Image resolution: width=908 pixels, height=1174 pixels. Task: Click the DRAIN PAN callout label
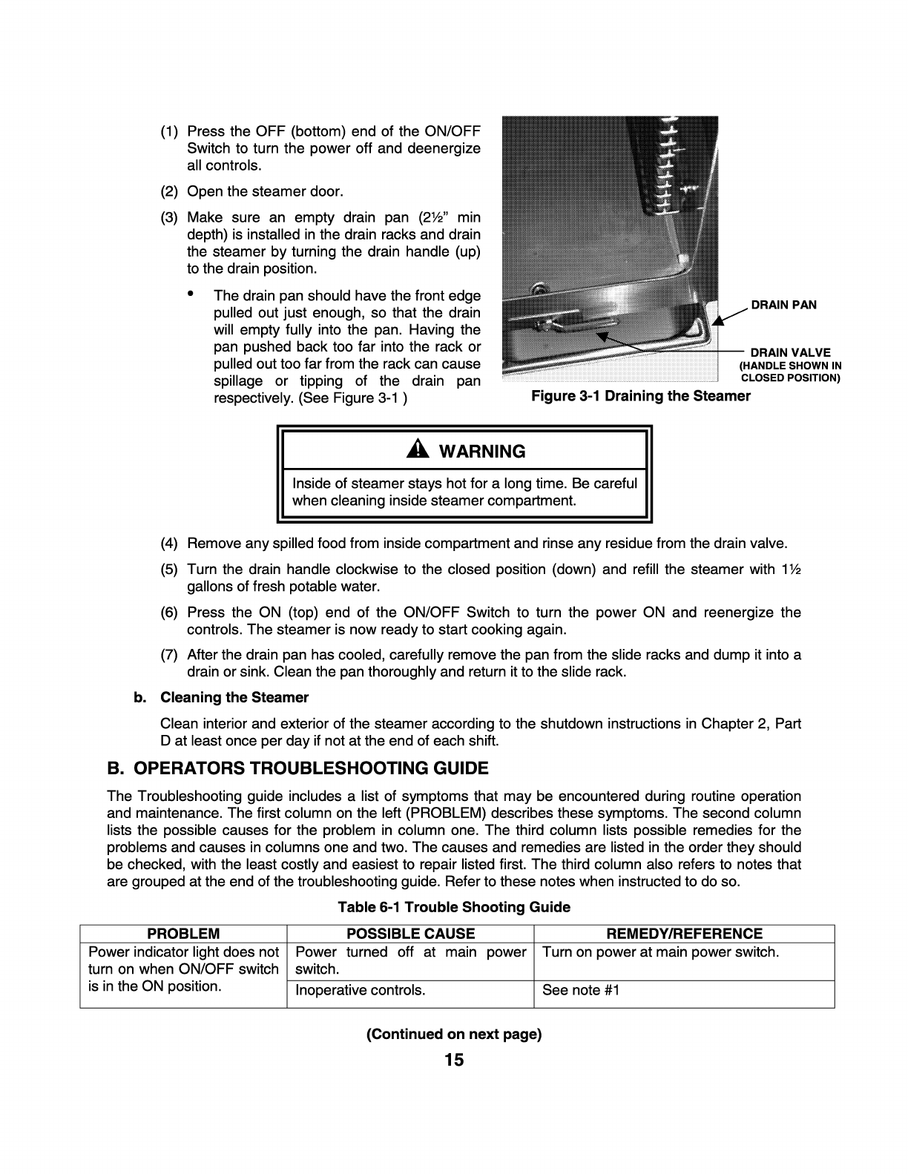(783, 305)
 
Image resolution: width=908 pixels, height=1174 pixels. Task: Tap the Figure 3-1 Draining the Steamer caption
(640, 396)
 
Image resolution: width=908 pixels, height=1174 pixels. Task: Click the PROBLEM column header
(183, 934)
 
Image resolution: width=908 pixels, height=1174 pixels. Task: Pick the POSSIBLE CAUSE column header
(410, 934)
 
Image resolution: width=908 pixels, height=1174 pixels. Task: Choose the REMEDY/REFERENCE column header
(683, 934)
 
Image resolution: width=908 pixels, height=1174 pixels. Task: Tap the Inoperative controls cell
(360, 990)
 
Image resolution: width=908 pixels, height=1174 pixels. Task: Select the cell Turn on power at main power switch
(660, 952)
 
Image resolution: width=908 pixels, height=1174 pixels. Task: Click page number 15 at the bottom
(454, 1060)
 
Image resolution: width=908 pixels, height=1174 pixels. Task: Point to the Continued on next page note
(454, 1034)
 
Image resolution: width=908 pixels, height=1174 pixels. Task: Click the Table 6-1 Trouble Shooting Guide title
(454, 907)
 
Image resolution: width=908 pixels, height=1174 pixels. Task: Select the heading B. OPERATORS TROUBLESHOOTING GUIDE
(297, 768)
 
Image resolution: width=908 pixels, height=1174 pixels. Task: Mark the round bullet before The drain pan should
(191, 294)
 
